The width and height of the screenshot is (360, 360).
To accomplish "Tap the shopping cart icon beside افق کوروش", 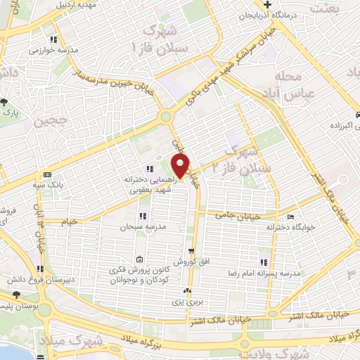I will (x=191, y=250).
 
